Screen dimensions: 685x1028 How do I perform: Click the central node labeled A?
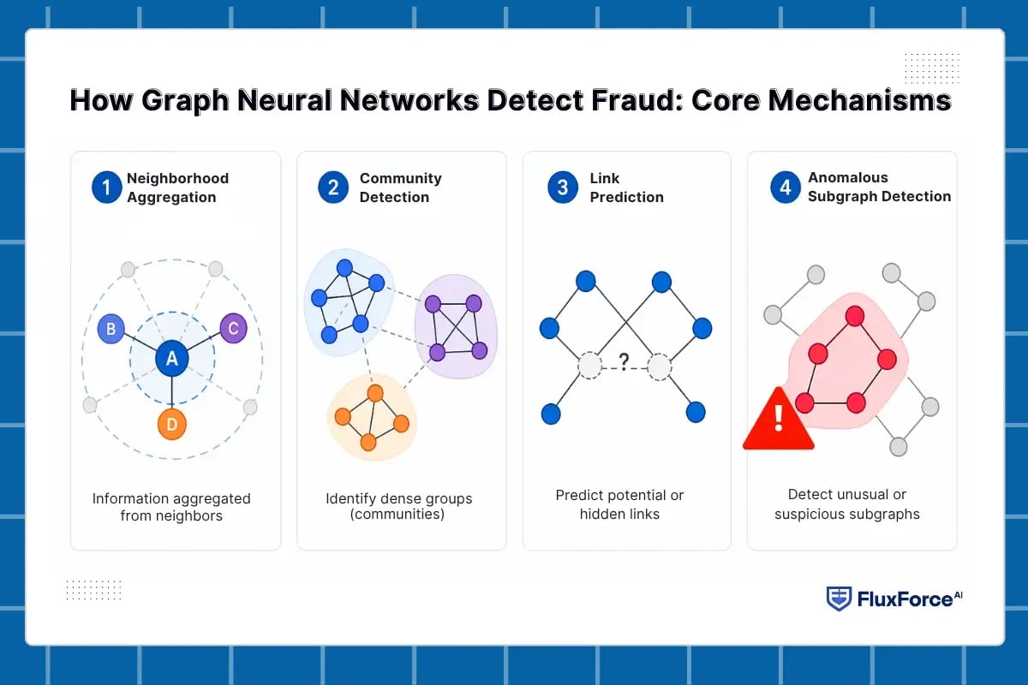[171, 360]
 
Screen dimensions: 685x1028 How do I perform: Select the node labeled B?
[111, 329]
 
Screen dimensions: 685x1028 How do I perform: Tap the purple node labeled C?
[234, 329]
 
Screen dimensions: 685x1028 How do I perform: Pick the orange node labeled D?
[172, 424]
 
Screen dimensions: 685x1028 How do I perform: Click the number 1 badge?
[106, 188]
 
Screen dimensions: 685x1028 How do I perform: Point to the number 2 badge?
[332, 188]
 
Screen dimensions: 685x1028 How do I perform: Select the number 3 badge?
[563, 188]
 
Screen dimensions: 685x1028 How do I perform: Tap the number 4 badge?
[785, 188]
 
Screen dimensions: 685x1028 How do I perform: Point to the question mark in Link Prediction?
[624, 361]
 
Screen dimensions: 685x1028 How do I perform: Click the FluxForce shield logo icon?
[839, 599]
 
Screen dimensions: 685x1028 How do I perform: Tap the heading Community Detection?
[400, 188]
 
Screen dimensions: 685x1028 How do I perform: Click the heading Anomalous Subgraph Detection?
[879, 187]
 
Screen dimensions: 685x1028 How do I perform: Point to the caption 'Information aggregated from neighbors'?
[171, 507]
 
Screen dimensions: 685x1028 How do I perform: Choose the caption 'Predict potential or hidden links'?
[619, 504]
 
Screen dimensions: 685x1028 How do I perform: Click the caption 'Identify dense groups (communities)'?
[398, 507]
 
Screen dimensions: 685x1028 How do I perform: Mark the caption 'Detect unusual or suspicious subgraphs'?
[846, 504]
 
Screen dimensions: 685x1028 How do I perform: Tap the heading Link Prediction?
[626, 188]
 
